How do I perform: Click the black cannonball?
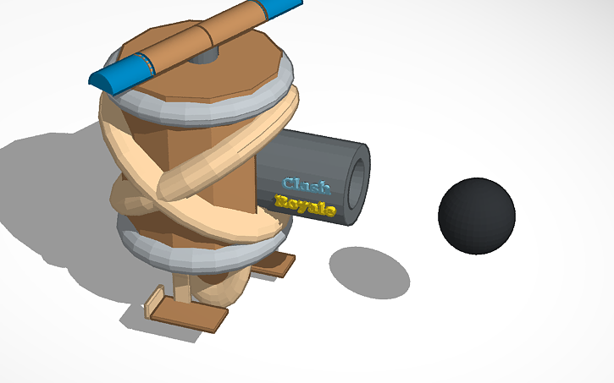477,216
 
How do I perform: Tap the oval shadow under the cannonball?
369,272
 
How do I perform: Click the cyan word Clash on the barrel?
306,184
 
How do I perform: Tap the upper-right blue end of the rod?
281,8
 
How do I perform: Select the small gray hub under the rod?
203,57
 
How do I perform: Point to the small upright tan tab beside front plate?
154,301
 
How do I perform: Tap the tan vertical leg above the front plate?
180,287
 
